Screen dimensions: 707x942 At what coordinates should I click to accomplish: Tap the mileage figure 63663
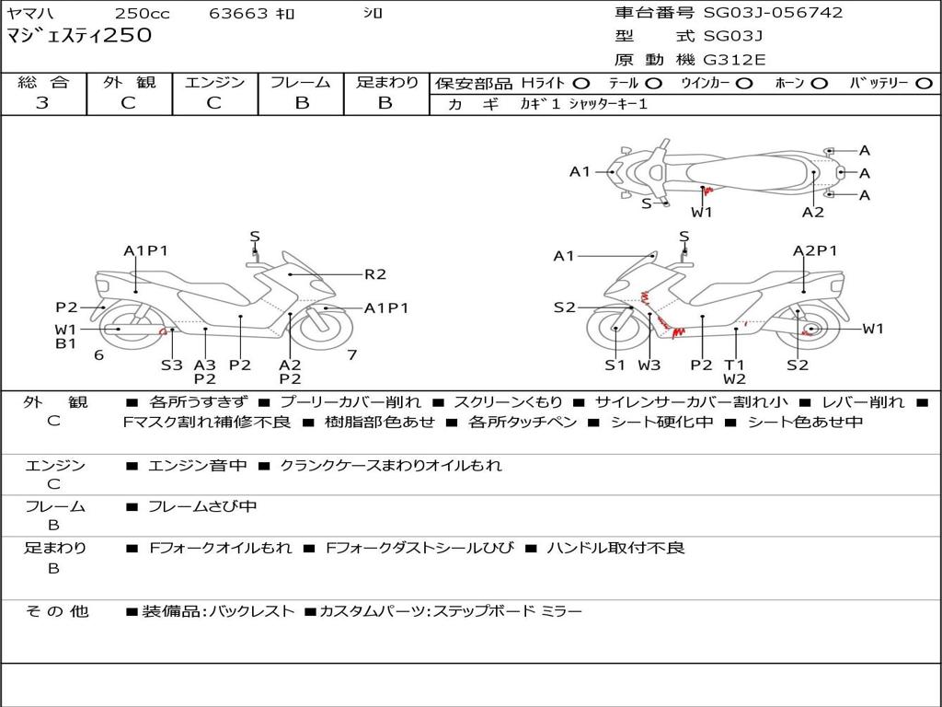(238, 14)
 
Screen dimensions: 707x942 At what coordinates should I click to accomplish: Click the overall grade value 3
(42, 103)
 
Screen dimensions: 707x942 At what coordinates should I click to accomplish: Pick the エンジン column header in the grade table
(214, 83)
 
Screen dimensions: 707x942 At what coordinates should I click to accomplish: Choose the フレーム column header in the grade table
(301, 83)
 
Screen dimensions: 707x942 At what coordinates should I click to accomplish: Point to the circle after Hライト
(582, 84)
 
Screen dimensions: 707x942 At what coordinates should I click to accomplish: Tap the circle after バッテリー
(925, 84)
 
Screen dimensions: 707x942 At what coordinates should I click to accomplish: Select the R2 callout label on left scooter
(375, 273)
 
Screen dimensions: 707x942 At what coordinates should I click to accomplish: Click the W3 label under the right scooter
(649, 365)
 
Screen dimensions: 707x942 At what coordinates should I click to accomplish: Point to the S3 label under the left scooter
(172, 365)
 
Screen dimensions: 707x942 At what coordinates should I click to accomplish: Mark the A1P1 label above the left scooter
(146, 250)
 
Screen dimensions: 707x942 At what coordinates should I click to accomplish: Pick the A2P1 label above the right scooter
(815, 250)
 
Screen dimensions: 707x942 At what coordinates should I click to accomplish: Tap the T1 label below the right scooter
(734, 365)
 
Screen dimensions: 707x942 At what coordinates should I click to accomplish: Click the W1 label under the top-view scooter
(703, 212)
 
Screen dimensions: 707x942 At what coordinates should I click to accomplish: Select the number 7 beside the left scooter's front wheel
(351, 355)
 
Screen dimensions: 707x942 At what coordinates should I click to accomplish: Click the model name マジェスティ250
(79, 36)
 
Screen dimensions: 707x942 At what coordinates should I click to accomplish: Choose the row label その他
(56, 611)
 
